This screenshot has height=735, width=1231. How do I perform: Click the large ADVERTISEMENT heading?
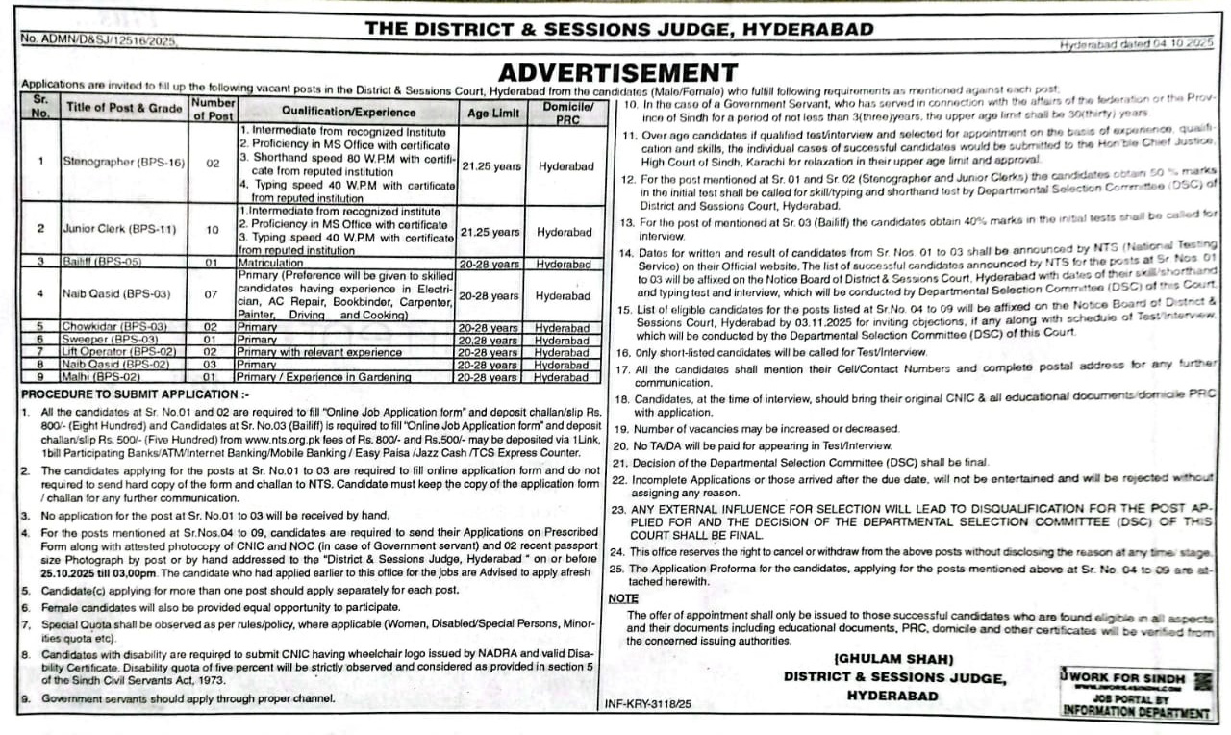pos(617,72)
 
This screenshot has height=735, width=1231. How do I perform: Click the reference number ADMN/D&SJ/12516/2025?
pos(99,41)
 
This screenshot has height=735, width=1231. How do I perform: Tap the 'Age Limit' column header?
pos(493,112)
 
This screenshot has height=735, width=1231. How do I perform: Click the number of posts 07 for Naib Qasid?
pos(213,294)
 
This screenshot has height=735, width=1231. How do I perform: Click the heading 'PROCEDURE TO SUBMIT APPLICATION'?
pos(135,393)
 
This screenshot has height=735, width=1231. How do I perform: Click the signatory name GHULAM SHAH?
pos(893,659)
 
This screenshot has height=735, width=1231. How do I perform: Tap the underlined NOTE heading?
pos(622,598)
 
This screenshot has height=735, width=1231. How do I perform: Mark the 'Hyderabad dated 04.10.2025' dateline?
pos(1136,44)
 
